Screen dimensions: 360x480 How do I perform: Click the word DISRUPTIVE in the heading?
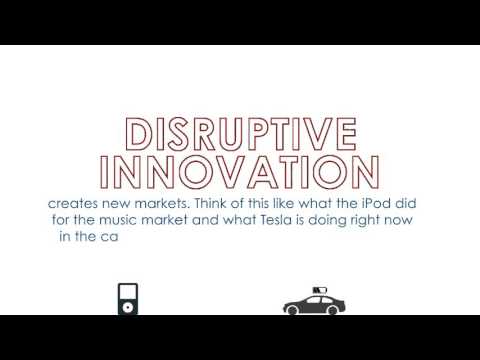point(240,135)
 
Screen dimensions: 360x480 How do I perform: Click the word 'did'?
point(418,202)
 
